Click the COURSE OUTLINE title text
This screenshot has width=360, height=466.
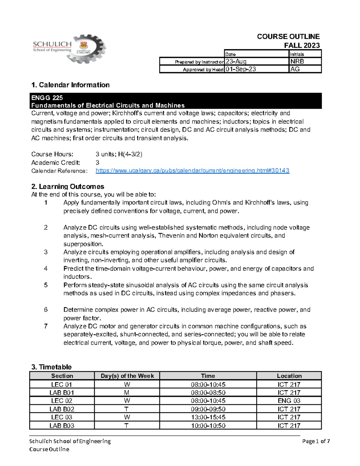[x=288, y=37]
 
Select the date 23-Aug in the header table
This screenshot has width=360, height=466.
[x=236, y=62]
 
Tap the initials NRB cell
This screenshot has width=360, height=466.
[x=297, y=62]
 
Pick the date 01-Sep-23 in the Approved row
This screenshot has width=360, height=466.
[x=241, y=69]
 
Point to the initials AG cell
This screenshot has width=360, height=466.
[x=295, y=69]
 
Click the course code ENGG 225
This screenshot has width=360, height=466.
[x=47, y=98]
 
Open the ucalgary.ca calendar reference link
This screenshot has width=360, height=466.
[x=192, y=171]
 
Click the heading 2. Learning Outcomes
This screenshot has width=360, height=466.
[x=67, y=187]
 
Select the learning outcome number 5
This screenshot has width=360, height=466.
[x=46, y=285]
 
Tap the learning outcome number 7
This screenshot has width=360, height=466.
[x=46, y=326]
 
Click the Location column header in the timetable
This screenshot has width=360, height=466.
[x=289, y=376]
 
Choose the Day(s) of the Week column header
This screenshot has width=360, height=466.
[x=127, y=376]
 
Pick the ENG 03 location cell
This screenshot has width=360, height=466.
[x=289, y=401]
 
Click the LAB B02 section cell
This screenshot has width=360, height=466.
[x=62, y=409]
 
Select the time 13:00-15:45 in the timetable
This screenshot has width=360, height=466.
[x=208, y=417]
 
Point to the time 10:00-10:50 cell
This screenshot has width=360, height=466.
[x=208, y=425]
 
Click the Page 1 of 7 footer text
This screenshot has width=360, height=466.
[x=316, y=441]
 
